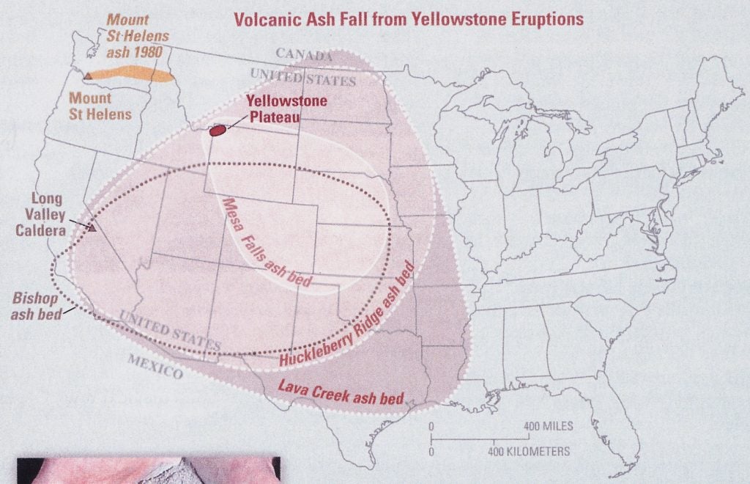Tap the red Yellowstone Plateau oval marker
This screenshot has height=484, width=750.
click(217, 131)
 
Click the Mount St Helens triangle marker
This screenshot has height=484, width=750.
click(88, 76)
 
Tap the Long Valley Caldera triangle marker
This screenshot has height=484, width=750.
click(92, 228)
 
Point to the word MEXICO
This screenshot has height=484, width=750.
click(155, 366)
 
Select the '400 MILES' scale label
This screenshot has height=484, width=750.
click(549, 426)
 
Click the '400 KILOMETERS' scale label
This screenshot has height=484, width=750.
click(529, 451)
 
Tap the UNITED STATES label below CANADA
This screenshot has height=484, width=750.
click(302, 76)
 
